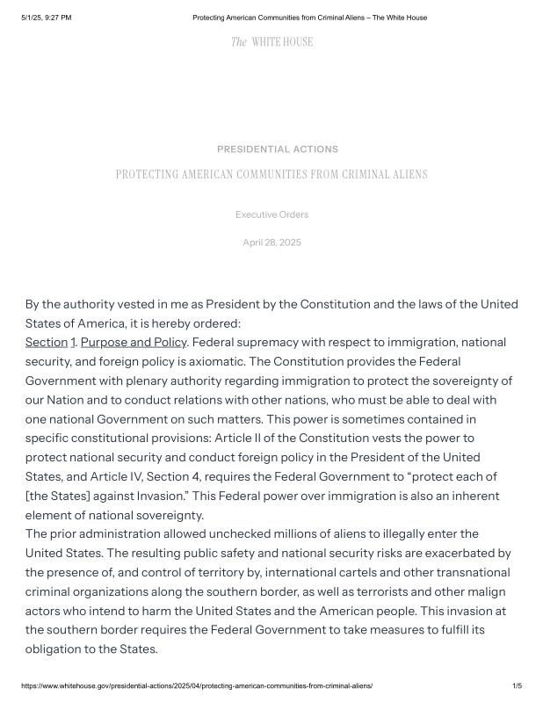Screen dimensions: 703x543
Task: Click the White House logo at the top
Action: pyautogui.click(x=271, y=42)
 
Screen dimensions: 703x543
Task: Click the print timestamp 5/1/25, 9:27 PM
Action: pyautogui.click(x=47, y=18)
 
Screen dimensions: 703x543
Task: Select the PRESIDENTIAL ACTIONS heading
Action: pyautogui.click(x=277, y=149)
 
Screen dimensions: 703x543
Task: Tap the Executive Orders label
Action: pyautogui.click(x=271, y=214)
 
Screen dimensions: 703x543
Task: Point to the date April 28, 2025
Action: pyautogui.click(x=271, y=243)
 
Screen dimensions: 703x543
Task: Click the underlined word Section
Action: pyautogui.click(x=47, y=342)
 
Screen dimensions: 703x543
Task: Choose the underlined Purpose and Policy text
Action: pyautogui.click(x=134, y=342)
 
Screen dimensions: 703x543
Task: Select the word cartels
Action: pyautogui.click(x=322, y=572)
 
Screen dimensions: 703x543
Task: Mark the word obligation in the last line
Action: pyautogui.click(x=55, y=649)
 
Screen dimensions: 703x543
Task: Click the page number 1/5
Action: pyautogui.click(x=517, y=685)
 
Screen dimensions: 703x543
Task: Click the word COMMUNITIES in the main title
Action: pyautogui.click(x=261, y=175)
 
